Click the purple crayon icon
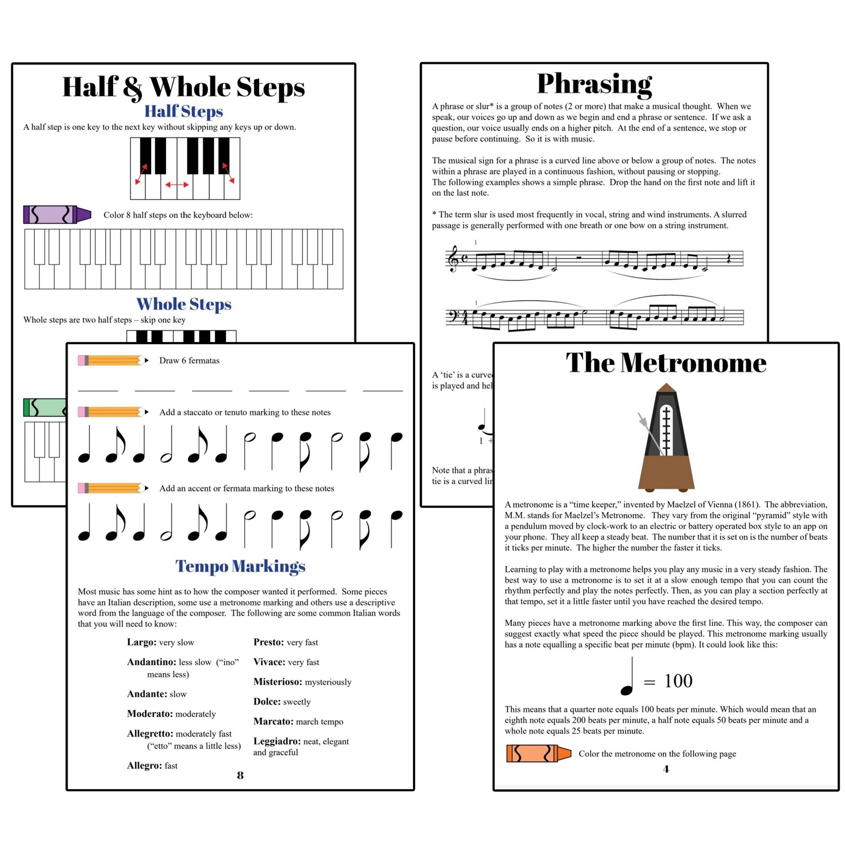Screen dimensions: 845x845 [57, 214]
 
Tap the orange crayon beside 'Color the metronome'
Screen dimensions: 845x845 [538, 753]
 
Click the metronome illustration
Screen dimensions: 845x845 [666, 437]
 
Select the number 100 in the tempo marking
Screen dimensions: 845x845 [678, 681]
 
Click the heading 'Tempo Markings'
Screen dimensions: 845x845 [241, 566]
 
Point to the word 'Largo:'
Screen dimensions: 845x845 [142, 642]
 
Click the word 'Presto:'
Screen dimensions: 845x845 [268, 642]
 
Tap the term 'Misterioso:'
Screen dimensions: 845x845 [277, 682]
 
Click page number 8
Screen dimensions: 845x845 [241, 775]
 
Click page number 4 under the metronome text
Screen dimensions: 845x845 [666, 769]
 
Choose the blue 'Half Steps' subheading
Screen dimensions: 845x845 [184, 111]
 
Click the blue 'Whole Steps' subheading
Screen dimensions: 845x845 [184, 304]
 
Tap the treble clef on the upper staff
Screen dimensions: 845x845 [453, 259]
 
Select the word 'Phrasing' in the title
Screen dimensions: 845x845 [594, 84]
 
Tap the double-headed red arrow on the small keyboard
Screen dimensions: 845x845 [177, 185]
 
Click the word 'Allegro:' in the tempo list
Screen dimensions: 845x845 [144, 766]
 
